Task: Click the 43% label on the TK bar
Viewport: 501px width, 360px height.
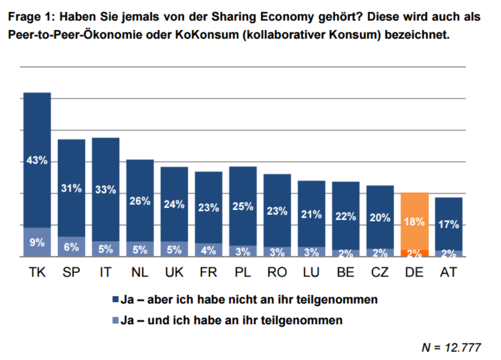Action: click(37, 160)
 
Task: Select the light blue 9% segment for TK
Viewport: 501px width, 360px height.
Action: click(37, 242)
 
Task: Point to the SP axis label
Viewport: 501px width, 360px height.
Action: click(71, 272)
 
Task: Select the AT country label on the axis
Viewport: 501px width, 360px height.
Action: click(449, 272)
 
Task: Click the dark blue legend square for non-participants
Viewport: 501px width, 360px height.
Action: click(115, 300)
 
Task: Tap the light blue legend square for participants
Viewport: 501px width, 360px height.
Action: click(115, 320)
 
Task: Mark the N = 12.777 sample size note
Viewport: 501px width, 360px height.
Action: click(451, 348)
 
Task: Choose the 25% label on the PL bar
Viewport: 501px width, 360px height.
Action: click(243, 206)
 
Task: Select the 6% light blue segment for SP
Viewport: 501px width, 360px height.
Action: click(71, 247)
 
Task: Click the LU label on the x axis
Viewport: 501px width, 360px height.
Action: click(311, 272)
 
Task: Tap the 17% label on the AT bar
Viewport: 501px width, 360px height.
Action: click(449, 225)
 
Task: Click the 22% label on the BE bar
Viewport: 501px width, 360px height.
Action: click(345, 217)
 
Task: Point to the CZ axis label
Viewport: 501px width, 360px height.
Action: click(380, 272)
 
